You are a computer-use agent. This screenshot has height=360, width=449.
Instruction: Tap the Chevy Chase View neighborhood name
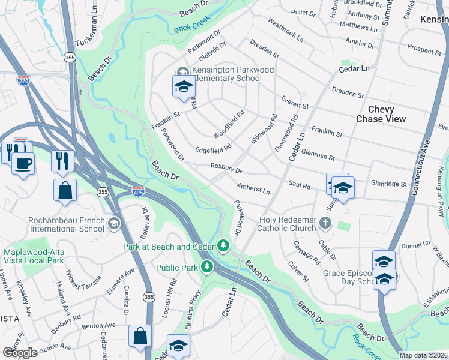point(381,114)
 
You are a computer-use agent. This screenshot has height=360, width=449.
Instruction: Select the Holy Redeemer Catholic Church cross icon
point(325,223)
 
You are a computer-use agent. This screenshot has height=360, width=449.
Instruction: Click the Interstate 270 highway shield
point(23,81)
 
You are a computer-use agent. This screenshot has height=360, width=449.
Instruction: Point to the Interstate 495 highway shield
point(137,191)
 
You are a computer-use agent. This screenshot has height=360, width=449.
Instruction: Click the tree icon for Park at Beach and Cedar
point(223,245)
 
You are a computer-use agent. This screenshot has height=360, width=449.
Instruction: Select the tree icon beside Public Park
point(207,265)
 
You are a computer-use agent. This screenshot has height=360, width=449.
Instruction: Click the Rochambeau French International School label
point(65,224)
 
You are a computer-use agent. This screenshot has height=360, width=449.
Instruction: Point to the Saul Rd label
point(298,186)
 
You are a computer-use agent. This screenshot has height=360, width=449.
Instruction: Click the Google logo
point(20,353)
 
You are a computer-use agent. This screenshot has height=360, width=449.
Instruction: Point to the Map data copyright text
point(423,355)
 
